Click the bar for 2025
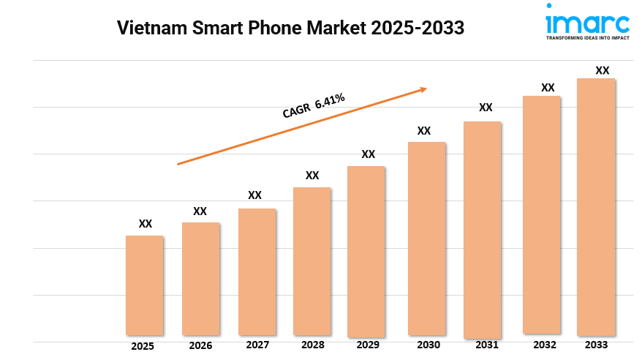point(144,285)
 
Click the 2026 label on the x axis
point(200,345)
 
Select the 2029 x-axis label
point(369,345)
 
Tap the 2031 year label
point(486,345)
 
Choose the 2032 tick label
point(545,345)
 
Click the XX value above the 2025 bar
point(146,224)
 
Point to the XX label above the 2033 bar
point(602,70)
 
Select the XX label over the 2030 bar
point(423,131)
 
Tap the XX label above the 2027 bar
point(254,195)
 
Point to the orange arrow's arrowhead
point(422,89)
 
